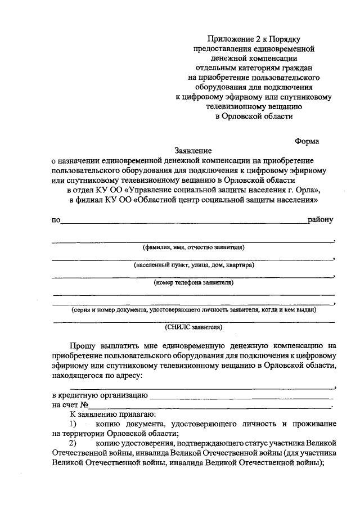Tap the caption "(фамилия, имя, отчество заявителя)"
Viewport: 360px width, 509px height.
(x=193, y=247)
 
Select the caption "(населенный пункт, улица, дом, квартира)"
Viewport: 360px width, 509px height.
(x=193, y=264)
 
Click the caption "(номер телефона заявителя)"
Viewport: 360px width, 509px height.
(x=193, y=282)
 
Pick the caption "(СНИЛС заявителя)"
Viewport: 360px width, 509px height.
(x=193, y=326)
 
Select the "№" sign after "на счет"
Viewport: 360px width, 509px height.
(x=85, y=405)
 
